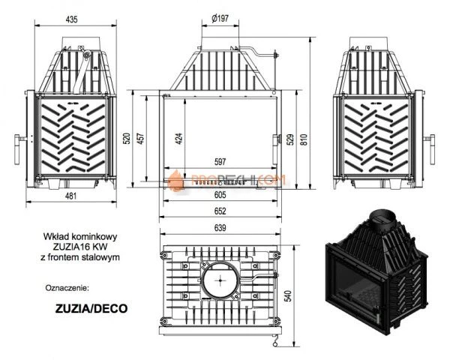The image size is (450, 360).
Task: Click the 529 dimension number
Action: [298, 137]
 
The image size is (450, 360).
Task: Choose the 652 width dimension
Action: [220, 209]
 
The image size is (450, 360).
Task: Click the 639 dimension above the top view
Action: [220, 228]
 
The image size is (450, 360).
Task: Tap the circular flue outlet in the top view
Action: [220, 281]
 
